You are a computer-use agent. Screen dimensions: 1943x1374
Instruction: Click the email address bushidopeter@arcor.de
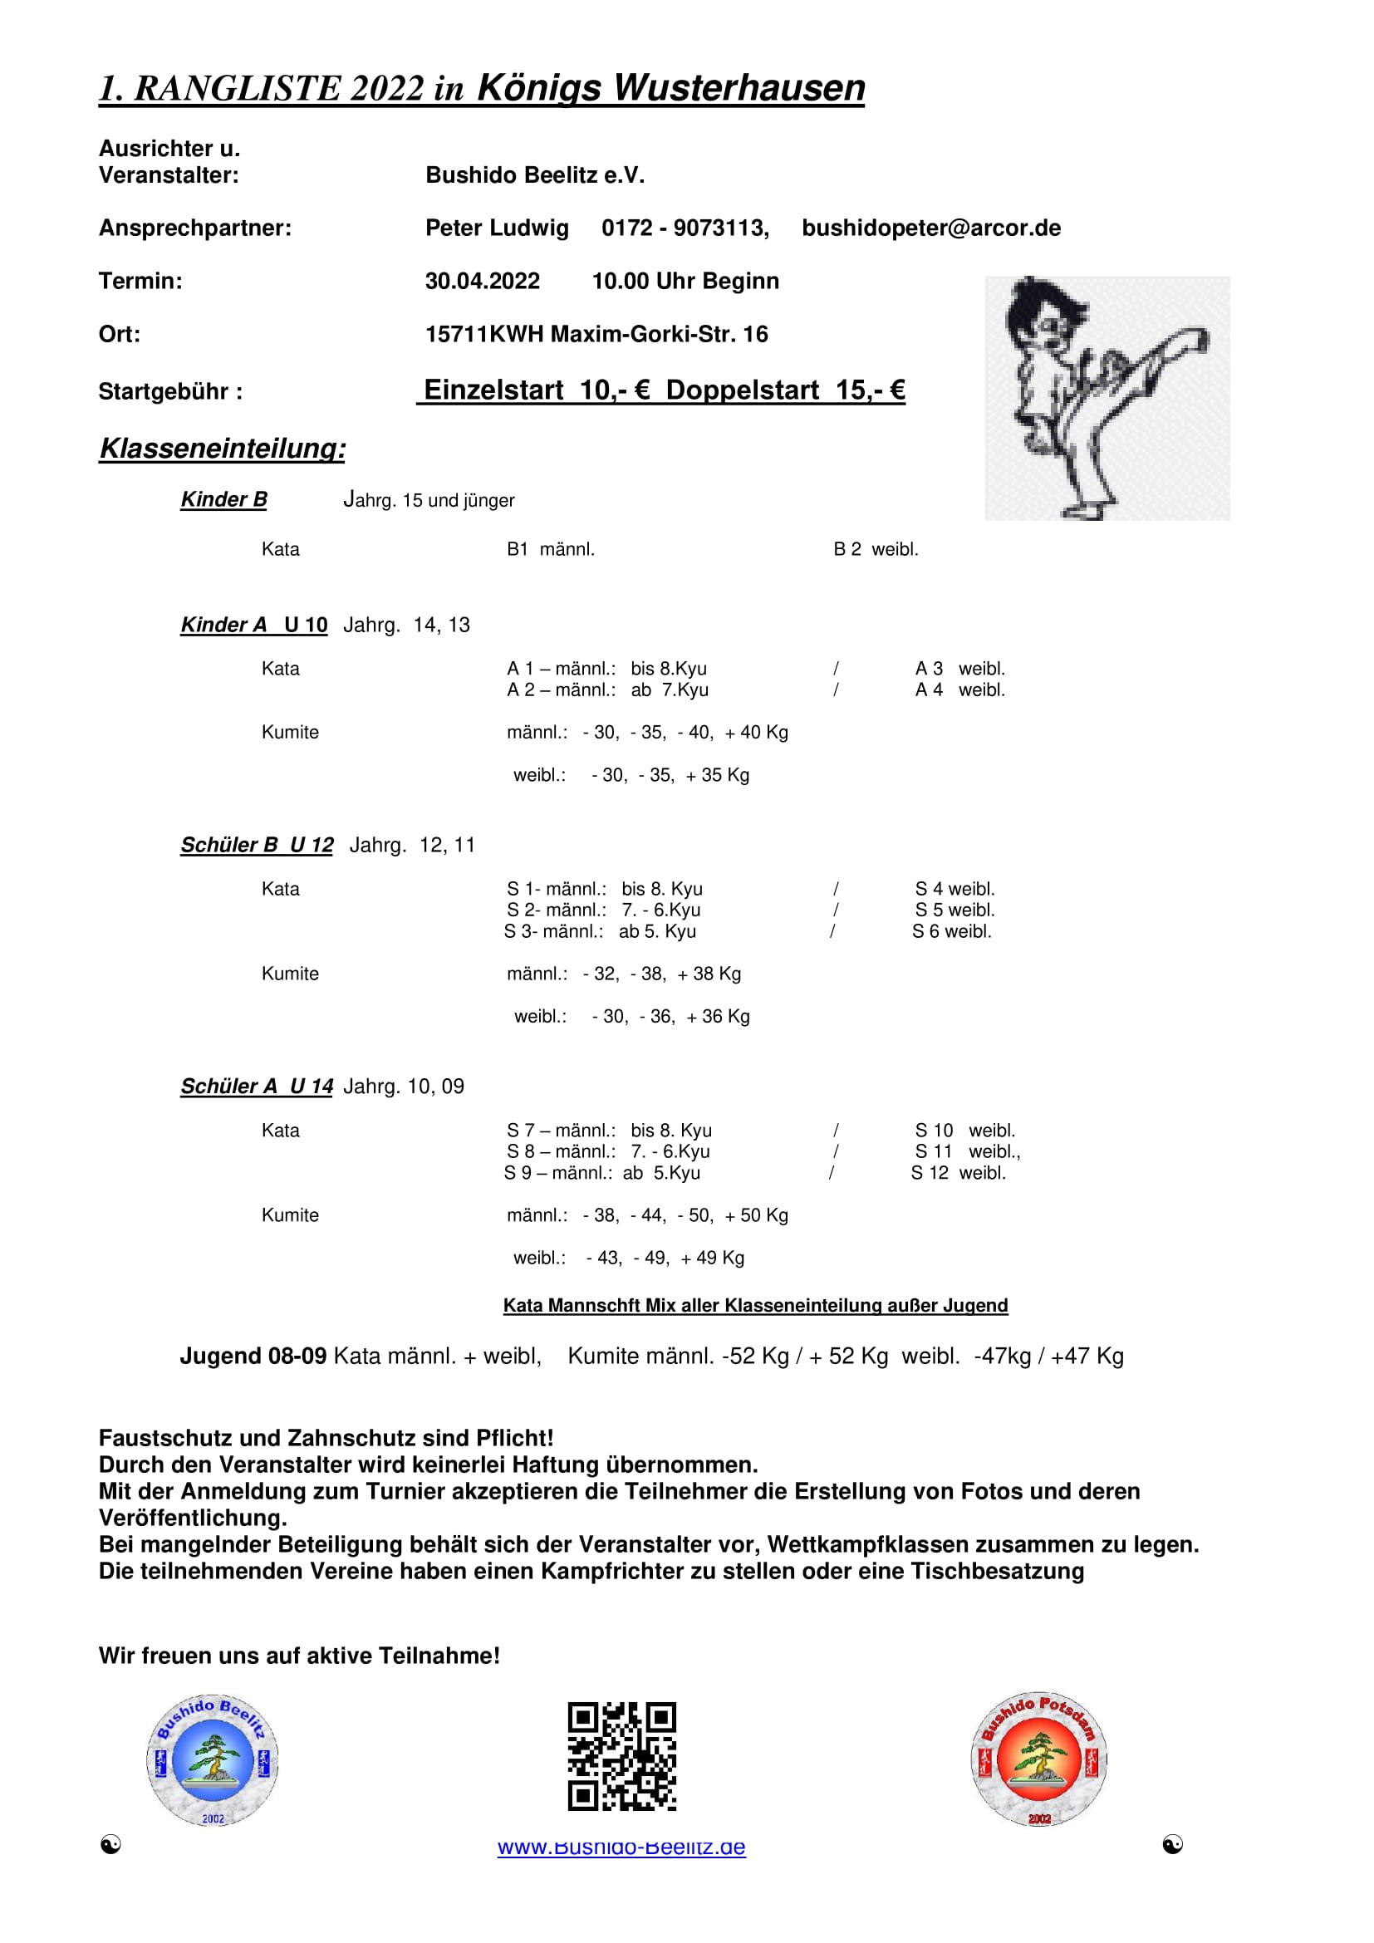[x=930, y=228]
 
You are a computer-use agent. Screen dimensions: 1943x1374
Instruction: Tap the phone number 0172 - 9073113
[x=685, y=228]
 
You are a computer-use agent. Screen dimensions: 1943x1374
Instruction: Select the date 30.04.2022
[x=483, y=281]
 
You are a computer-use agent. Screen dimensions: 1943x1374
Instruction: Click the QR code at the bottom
[x=622, y=1756]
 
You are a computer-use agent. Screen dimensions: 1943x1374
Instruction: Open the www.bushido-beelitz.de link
[x=622, y=1847]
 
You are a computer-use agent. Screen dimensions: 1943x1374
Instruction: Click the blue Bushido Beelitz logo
[x=213, y=1760]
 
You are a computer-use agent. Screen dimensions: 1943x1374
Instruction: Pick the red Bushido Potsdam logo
[x=1039, y=1760]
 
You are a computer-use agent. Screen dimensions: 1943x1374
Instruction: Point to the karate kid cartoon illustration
[x=1107, y=398]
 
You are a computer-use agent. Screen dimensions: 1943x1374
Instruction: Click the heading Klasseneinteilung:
[x=223, y=449]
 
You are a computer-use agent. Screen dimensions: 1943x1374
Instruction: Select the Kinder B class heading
[x=224, y=500]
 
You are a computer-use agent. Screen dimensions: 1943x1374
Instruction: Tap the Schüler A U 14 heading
[x=257, y=1087]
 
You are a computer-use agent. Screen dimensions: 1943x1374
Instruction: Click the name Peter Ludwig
[x=497, y=228]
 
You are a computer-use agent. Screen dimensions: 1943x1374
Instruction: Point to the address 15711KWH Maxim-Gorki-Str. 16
[x=596, y=334]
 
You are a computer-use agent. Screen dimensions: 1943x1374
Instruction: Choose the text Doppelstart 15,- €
[x=785, y=390]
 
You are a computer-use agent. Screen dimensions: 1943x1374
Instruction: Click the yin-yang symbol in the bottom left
[x=110, y=1845]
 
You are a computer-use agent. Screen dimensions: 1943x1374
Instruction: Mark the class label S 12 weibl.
[x=958, y=1173]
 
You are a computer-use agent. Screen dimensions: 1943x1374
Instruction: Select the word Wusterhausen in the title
[x=739, y=88]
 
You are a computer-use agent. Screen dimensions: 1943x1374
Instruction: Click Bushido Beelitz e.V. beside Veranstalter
[x=535, y=175]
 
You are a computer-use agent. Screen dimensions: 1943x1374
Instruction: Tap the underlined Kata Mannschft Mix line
[x=754, y=1306]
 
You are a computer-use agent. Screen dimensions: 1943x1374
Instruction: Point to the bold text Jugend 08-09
[x=253, y=1357]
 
